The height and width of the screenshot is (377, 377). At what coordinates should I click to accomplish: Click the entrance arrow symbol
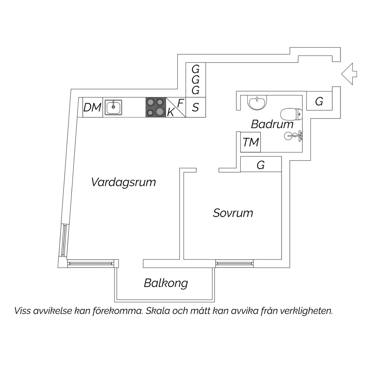click(x=349, y=74)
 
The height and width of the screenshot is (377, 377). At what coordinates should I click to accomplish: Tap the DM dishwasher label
click(x=92, y=108)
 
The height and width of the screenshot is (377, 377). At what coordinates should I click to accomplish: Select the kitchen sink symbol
click(x=113, y=107)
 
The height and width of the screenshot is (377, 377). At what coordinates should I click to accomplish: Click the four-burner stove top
click(x=156, y=107)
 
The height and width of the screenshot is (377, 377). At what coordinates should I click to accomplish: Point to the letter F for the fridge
click(x=181, y=103)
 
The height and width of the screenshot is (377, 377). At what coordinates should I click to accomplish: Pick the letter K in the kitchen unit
click(x=171, y=112)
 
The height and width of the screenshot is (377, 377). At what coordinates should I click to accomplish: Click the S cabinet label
click(x=196, y=108)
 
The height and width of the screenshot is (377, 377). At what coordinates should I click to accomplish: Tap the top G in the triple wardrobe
click(x=196, y=69)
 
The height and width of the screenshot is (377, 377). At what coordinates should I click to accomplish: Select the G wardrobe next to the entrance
click(x=319, y=102)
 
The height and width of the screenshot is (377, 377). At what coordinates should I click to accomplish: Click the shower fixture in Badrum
click(x=294, y=136)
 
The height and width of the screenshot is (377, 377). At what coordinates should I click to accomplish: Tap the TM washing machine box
click(x=251, y=142)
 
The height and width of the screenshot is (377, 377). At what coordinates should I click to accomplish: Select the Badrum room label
click(x=272, y=124)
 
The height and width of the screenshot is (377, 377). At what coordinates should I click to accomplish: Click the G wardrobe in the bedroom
click(x=261, y=165)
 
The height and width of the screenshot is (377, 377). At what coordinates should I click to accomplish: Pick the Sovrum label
click(x=233, y=213)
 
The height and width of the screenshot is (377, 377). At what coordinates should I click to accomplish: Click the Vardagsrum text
click(x=123, y=182)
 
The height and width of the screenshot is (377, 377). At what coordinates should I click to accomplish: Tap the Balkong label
click(x=166, y=283)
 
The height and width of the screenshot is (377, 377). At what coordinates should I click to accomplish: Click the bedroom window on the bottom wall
click(x=234, y=263)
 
